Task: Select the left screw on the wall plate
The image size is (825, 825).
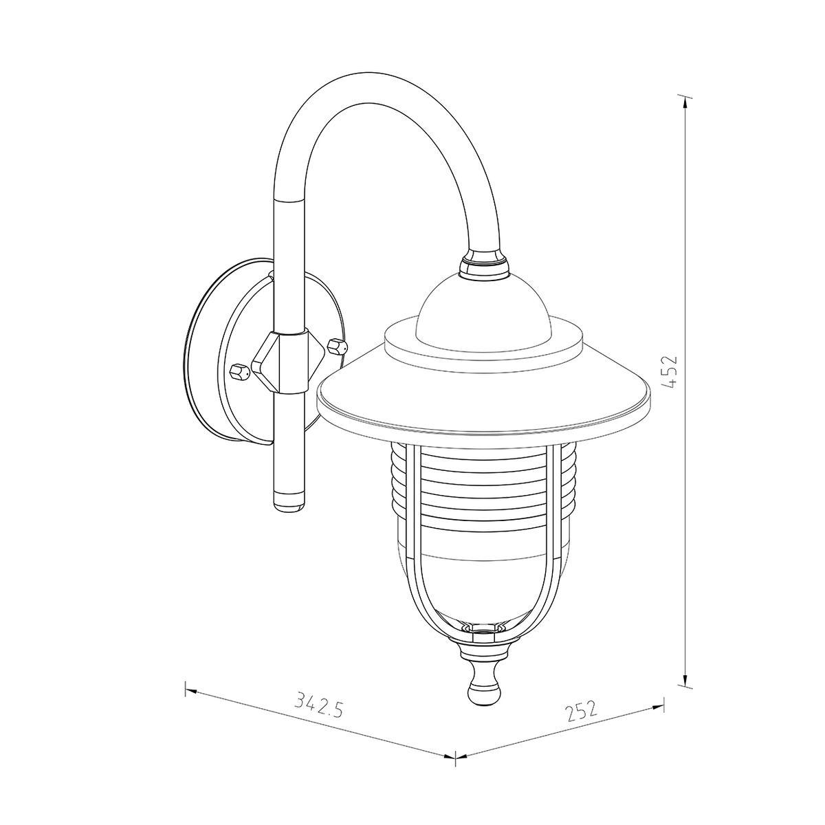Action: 240,372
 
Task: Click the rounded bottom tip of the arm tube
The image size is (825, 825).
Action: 289,507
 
